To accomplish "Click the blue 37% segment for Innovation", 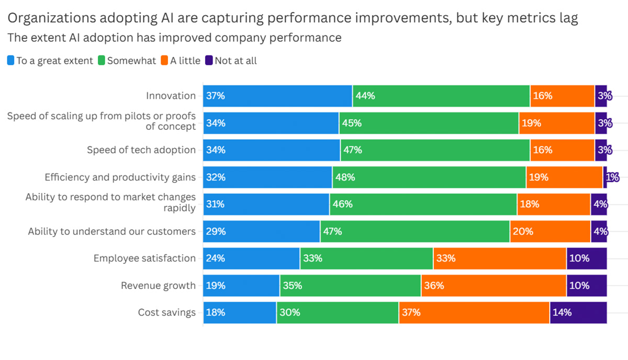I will pos(277,96).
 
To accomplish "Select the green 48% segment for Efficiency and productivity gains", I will pos(429,177).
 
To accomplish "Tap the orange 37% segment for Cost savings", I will pos(474,312).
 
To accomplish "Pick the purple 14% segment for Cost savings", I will pos(578,312).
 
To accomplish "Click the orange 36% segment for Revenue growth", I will pos(494,286).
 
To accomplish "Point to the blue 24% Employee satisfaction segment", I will pos(251,258).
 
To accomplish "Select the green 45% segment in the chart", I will pos(429,123).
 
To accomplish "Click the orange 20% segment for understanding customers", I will pos(550,231).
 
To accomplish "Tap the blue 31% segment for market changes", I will pos(266,204).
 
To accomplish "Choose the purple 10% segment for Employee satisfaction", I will pos(586,258).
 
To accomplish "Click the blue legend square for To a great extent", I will pos(11,61).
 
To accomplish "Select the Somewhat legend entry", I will pos(131,61).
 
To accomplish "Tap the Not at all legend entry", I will pos(235,61).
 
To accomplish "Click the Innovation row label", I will pos(171,96).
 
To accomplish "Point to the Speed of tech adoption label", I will pos(141,150).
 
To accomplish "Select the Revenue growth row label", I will pos(158,286).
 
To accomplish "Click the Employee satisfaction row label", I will pos(144,258).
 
